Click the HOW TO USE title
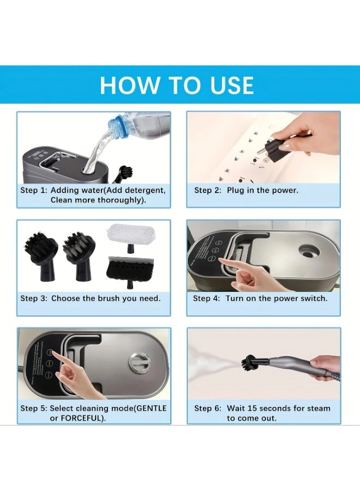tap(177, 86)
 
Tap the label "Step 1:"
tap(34, 190)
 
